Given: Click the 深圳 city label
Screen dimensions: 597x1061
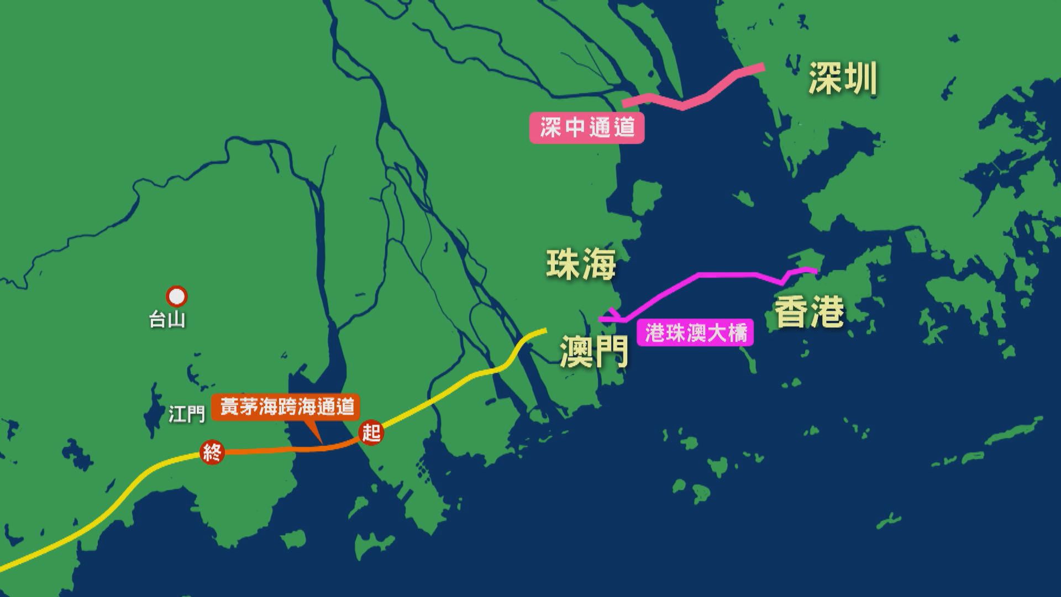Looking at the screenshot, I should click(x=843, y=79).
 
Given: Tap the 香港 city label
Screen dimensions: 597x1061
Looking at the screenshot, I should click(x=809, y=312).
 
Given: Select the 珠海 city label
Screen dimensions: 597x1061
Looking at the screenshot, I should click(x=581, y=264).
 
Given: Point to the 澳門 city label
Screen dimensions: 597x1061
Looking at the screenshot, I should click(x=594, y=351).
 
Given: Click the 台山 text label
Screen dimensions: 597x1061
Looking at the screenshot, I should click(x=167, y=320).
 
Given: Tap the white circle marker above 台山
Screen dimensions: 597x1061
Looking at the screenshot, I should click(x=177, y=297).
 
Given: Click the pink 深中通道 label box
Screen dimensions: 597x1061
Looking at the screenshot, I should click(x=587, y=128).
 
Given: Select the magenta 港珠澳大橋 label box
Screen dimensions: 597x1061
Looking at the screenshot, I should click(x=695, y=333).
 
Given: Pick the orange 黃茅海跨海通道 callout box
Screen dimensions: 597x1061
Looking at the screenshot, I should click(x=286, y=407).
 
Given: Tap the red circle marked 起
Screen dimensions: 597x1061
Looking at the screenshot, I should click(x=371, y=432).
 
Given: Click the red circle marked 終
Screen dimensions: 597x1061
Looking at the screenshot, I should click(x=212, y=453).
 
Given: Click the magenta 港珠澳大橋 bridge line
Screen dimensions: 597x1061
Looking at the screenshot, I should click(x=718, y=274).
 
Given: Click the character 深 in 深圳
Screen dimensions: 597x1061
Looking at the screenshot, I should click(x=825, y=79).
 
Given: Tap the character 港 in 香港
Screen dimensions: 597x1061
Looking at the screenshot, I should click(x=827, y=312).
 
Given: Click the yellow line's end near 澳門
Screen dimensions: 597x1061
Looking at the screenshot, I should click(x=544, y=331).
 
